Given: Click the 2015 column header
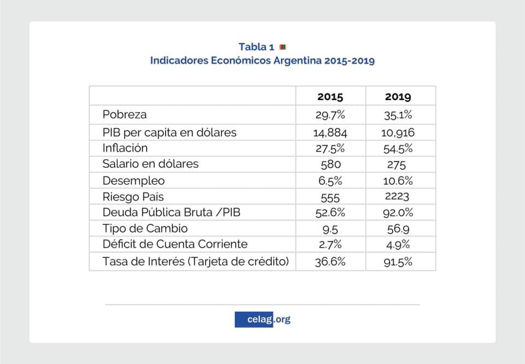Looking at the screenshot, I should [x=330, y=97].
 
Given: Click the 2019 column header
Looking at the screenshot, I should [x=398, y=97].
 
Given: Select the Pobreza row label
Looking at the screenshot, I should [x=125, y=115].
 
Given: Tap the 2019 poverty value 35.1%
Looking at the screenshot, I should [x=398, y=115].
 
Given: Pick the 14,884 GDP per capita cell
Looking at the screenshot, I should [x=330, y=132].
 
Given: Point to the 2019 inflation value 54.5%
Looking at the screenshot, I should [x=398, y=148].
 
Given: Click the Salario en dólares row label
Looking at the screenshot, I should [x=150, y=164].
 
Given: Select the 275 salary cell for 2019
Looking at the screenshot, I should [x=398, y=164].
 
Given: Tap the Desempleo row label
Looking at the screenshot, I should [x=133, y=180].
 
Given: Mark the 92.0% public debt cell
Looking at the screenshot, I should [x=398, y=213].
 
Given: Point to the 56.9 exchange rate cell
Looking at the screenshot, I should [x=398, y=229].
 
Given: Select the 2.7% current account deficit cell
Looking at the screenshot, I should [x=330, y=245].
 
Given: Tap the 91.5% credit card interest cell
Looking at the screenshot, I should [x=398, y=262].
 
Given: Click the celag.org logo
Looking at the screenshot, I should [x=262, y=319].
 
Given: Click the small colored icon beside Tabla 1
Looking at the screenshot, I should [x=283, y=47].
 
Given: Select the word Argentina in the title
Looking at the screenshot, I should [x=296, y=61].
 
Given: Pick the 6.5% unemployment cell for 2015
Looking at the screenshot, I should [x=330, y=181].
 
